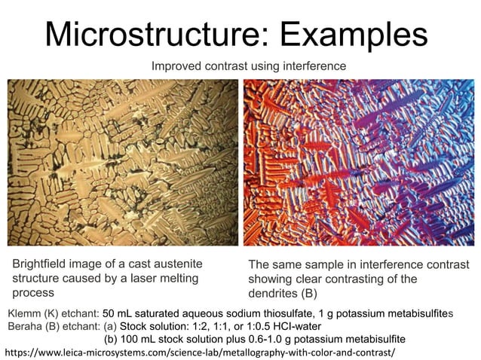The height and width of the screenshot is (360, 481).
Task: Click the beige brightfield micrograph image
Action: coord(123,162)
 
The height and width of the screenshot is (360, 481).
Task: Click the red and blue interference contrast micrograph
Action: coord(356,162)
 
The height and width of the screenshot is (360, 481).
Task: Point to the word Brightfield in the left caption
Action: coord(42,264)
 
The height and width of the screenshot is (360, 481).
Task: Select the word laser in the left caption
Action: coord(149,278)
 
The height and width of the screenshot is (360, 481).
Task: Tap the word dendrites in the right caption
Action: coord(275,292)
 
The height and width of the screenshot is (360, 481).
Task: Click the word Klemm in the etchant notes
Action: coord(24,313)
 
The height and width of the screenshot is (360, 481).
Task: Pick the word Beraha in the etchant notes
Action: coord(26,325)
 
